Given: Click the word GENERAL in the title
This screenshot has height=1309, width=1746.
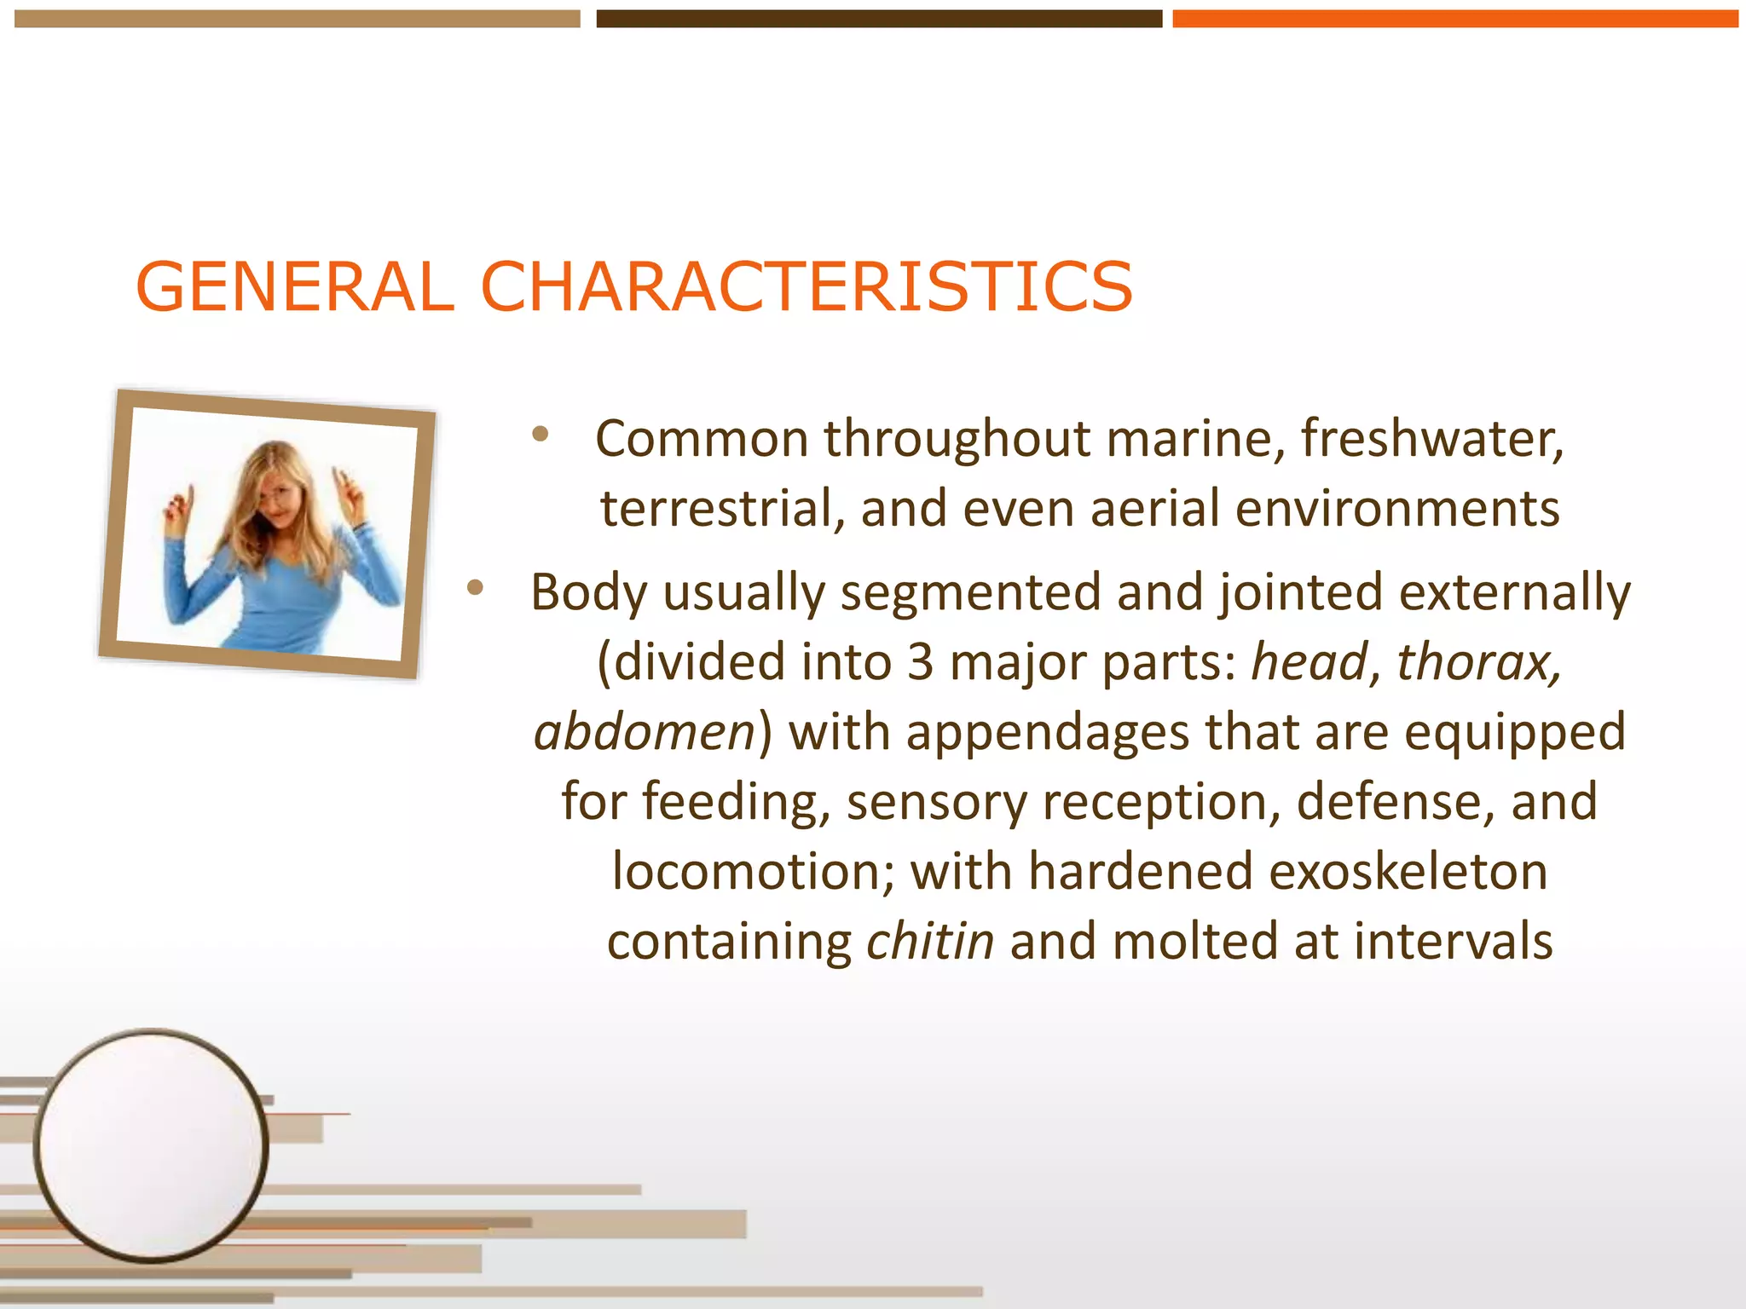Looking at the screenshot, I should click(294, 287).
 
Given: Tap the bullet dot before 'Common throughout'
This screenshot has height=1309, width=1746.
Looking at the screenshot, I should click(540, 435).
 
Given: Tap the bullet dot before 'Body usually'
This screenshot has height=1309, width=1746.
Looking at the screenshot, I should click(475, 587).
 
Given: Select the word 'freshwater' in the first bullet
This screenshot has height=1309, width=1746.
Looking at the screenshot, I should click(1431, 440).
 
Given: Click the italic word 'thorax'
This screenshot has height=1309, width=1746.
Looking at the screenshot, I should click(1477, 663).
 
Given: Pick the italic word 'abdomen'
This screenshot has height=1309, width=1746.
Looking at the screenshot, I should click(645, 733).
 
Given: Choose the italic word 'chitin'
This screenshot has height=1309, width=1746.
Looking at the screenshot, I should click(929, 943).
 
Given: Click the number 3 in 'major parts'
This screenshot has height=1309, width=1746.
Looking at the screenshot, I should click(919, 663).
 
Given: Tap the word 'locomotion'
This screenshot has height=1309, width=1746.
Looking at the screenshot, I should click(753, 873).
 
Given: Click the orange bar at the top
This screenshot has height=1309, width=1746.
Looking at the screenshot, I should click(1454, 19).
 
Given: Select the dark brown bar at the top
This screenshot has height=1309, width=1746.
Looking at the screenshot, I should click(878, 19).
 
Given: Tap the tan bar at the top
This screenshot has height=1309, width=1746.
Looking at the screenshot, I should click(297, 19).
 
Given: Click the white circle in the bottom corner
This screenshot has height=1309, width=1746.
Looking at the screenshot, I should click(151, 1145).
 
